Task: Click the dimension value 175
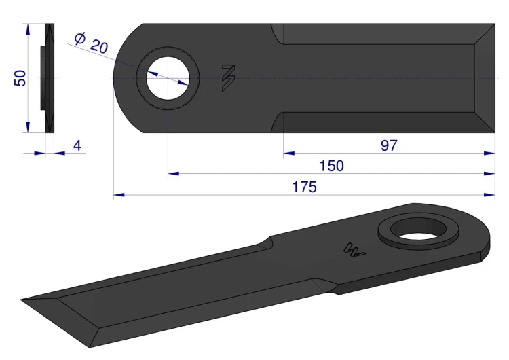[304, 187]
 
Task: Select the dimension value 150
[331, 166]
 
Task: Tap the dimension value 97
[389, 145]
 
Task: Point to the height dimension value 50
[20, 78]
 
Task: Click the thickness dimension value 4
[77, 145]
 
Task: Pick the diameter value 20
[98, 46]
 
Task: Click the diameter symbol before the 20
[80, 38]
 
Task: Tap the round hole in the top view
[168, 78]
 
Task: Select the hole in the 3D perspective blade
[419, 229]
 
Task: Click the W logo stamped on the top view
[228, 78]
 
